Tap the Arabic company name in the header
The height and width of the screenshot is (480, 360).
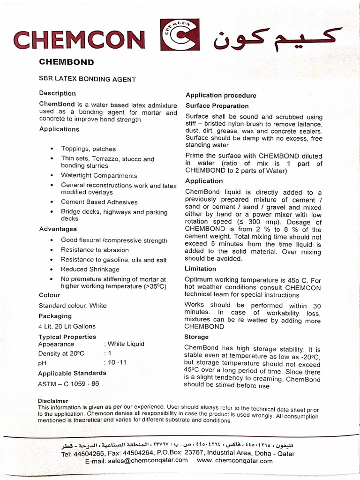[277, 38]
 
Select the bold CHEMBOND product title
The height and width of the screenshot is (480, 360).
[66, 62]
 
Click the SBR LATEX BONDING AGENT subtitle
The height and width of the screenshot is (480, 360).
[87, 80]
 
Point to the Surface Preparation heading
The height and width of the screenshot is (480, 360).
[217, 106]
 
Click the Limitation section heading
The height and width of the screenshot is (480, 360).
[201, 269]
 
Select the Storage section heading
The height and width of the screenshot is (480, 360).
[197, 337]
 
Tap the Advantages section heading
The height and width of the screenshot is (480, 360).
[58, 229]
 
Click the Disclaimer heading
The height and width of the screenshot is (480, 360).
[53, 401]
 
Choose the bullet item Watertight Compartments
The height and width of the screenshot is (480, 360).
[99, 176]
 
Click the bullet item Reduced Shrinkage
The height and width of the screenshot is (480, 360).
[90, 269]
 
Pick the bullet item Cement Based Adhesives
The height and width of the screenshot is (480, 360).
[99, 202]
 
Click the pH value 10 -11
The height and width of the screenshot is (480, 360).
[118, 363]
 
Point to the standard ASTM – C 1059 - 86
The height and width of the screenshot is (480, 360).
[68, 383]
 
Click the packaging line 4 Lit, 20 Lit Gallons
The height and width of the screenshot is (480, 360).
[67, 326]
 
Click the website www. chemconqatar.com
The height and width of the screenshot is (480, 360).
[235, 460]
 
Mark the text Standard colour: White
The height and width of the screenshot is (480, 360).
[73, 306]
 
